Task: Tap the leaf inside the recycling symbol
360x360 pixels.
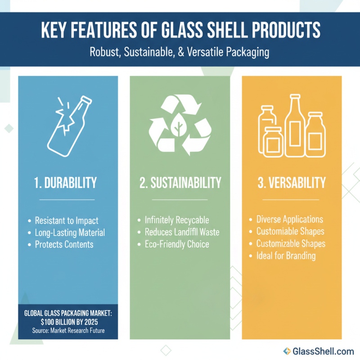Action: click(180, 124)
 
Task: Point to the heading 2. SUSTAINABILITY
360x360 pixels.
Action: click(180, 183)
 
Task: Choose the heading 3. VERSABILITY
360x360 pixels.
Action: click(292, 183)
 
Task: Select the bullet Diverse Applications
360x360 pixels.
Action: click(289, 220)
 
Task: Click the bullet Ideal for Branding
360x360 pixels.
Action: click(286, 256)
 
